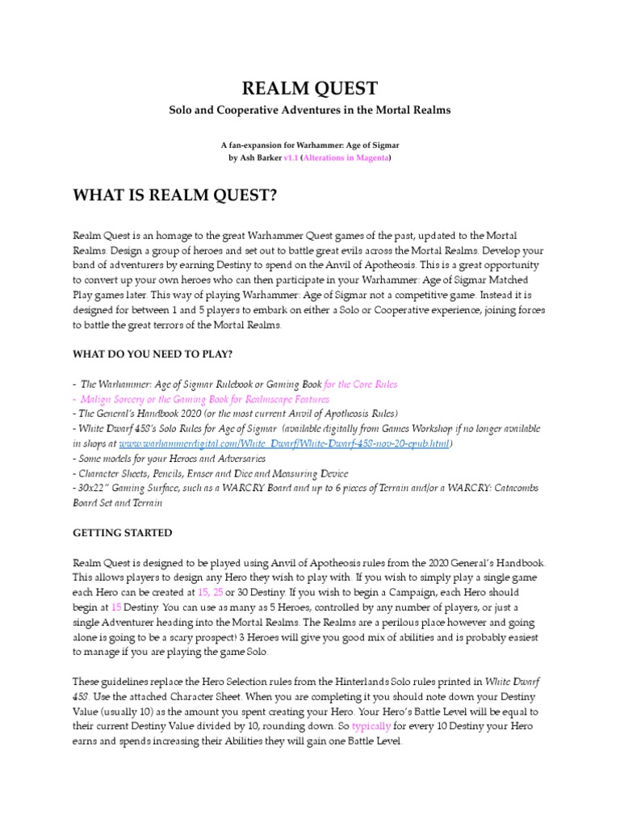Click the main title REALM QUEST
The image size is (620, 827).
point(310,88)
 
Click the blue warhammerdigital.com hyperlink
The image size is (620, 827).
point(285,444)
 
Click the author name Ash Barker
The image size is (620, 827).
point(259,159)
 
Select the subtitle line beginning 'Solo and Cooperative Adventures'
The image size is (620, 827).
point(310,109)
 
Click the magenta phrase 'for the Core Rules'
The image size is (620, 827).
point(360,384)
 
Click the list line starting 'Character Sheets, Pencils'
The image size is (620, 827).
point(211,473)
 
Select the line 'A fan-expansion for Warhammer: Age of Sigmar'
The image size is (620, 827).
point(310,144)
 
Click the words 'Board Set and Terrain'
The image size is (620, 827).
point(117,503)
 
